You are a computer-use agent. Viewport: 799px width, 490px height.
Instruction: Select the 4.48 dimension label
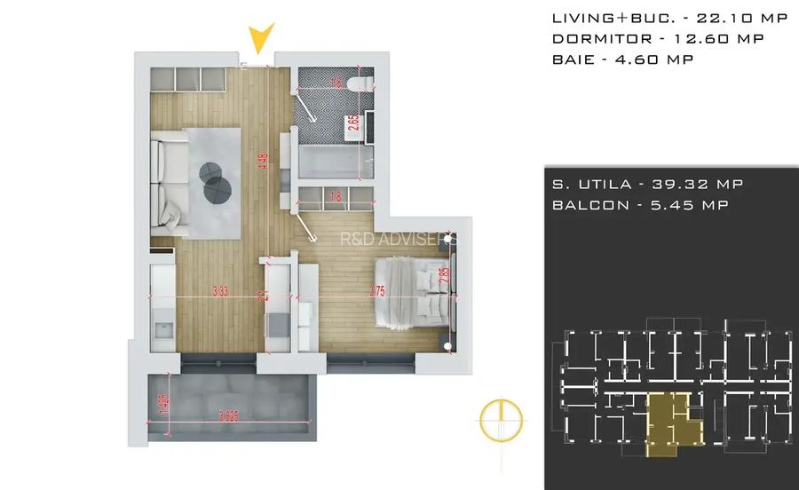(263, 162)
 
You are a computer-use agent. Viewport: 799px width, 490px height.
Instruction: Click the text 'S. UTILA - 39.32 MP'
(647, 184)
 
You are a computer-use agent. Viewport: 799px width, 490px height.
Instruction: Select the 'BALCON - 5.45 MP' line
(641, 204)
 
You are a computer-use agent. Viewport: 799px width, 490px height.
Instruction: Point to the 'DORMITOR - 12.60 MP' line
(658, 38)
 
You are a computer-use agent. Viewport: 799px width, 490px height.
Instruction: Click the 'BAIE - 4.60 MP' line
(622, 59)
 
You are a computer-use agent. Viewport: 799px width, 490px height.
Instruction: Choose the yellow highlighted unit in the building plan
(671, 419)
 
